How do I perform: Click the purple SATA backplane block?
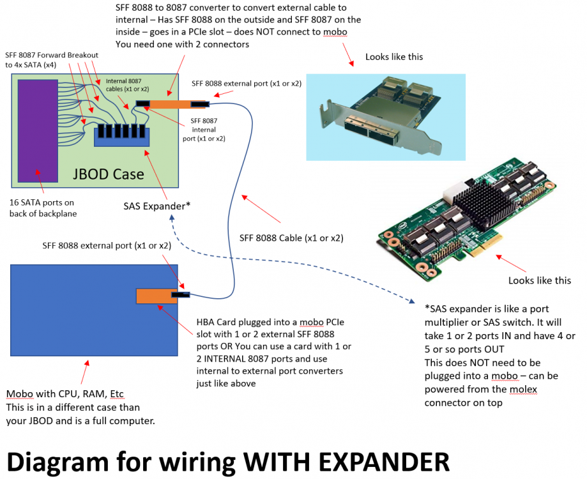(38, 131)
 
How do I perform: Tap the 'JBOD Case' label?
(108, 174)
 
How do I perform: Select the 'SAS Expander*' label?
(157, 206)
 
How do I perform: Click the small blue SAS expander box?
(121, 137)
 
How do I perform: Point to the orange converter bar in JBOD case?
(171, 104)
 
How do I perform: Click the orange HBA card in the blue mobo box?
(156, 296)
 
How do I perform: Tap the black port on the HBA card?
(180, 295)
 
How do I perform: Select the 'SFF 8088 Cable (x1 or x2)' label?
(291, 238)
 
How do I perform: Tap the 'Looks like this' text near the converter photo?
(394, 57)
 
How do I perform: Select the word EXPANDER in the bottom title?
(384, 462)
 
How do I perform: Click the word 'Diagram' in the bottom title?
(57, 462)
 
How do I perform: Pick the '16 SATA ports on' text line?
(42, 202)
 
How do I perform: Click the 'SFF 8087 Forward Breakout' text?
(52, 55)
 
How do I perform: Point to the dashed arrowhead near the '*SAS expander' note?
(411, 301)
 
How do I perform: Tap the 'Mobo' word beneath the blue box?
(19, 394)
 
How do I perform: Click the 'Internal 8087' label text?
(123, 81)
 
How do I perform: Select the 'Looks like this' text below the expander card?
(540, 280)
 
